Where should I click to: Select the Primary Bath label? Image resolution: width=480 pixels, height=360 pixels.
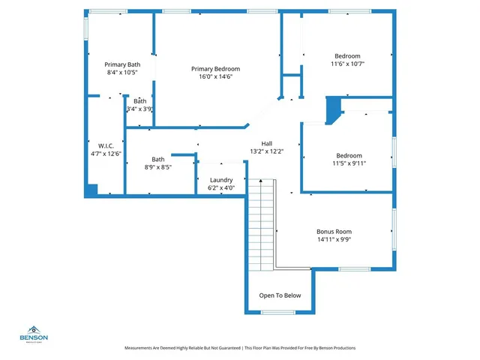122,64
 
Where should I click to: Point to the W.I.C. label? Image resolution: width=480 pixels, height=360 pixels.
105,145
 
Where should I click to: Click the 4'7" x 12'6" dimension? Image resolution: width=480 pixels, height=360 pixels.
105,153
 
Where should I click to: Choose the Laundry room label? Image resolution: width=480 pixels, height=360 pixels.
221,179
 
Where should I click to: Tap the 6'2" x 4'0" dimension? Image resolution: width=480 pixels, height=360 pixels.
221,187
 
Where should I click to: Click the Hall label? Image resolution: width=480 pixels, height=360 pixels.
266,143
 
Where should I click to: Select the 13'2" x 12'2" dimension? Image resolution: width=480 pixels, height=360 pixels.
266,151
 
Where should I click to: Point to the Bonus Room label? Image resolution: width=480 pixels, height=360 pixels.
334,231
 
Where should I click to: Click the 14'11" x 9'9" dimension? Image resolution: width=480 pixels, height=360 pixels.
334,240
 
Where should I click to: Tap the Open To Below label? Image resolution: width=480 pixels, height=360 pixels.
280,295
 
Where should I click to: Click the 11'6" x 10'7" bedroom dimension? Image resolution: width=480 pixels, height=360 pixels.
347,64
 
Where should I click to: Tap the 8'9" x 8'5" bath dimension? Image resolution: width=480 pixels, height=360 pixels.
158,167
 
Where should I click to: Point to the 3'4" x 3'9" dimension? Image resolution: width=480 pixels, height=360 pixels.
139,109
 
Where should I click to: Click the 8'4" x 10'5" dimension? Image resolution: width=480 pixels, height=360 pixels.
122,73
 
